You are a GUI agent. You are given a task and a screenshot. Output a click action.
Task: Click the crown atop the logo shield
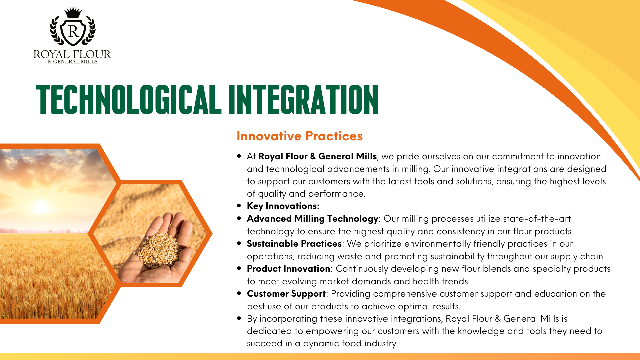(x=73, y=13)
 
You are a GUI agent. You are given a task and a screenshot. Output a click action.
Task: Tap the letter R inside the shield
(x=73, y=31)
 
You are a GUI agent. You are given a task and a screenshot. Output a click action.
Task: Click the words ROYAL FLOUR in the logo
(x=72, y=54)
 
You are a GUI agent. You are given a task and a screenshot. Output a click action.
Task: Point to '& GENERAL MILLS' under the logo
(x=73, y=62)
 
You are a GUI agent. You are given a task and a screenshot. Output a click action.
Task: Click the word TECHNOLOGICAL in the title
(x=129, y=99)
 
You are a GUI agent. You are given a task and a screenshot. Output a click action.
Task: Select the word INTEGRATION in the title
(x=304, y=99)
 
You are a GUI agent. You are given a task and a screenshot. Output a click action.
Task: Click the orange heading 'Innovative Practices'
(x=300, y=136)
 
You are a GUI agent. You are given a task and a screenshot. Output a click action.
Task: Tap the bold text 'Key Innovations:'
(x=283, y=206)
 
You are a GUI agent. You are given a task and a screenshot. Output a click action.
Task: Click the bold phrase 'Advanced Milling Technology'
(x=313, y=219)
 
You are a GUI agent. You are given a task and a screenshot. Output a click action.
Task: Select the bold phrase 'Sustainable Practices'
(x=294, y=244)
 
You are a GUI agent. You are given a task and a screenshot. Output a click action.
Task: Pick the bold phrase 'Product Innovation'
(x=288, y=269)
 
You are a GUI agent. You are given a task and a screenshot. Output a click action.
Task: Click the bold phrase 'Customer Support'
(x=286, y=294)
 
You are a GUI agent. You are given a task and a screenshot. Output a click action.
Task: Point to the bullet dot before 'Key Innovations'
(x=239, y=206)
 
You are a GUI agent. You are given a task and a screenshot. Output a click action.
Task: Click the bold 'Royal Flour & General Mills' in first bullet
(x=317, y=156)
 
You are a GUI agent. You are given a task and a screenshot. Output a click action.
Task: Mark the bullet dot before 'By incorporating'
(x=239, y=318)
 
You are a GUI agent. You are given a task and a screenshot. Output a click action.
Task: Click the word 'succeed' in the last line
(x=265, y=343)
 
